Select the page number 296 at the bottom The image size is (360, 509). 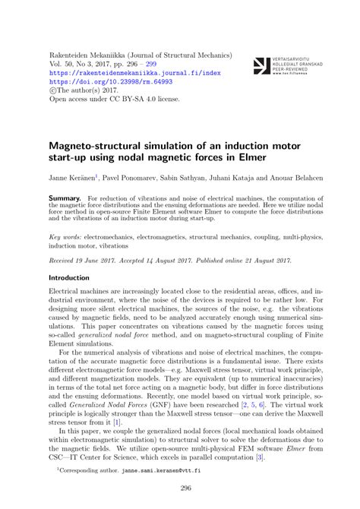coord(180,488)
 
